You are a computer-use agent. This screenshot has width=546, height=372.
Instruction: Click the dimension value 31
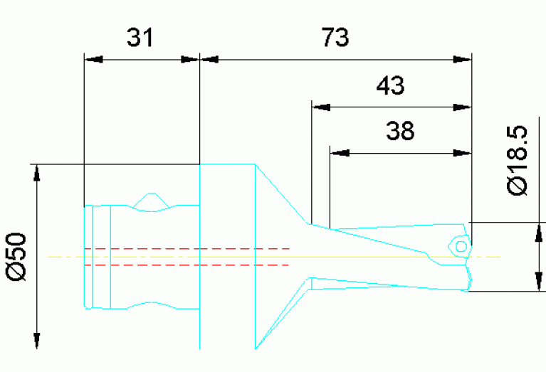(x=140, y=38)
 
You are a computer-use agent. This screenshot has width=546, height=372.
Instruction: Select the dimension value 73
(x=335, y=38)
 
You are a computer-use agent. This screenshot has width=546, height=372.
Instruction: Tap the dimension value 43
(x=390, y=86)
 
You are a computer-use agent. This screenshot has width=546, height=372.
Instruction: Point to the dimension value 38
(x=399, y=131)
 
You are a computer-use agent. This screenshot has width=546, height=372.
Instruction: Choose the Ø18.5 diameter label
(x=518, y=161)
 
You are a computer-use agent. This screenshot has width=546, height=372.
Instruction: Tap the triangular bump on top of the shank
(x=150, y=201)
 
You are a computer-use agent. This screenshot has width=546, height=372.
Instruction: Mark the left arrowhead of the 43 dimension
(x=321, y=107)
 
